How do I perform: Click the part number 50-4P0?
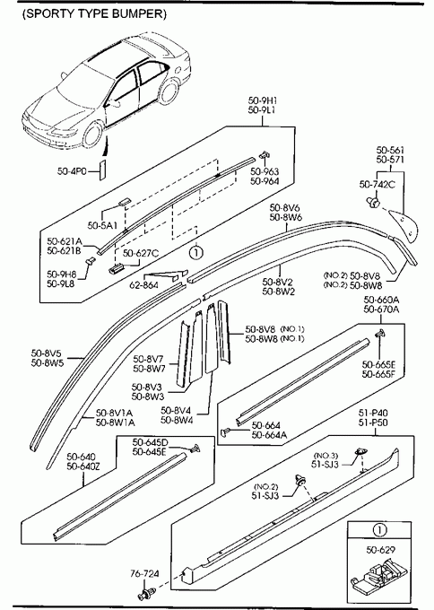point(72,171)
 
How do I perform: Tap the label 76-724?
point(144,573)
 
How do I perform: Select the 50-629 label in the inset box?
point(380,550)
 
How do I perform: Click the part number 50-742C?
point(377,185)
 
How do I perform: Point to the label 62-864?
point(143,285)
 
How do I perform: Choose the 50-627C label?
point(141,253)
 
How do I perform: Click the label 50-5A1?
point(102,225)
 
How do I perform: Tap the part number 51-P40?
point(373,413)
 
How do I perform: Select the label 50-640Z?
point(83,466)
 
